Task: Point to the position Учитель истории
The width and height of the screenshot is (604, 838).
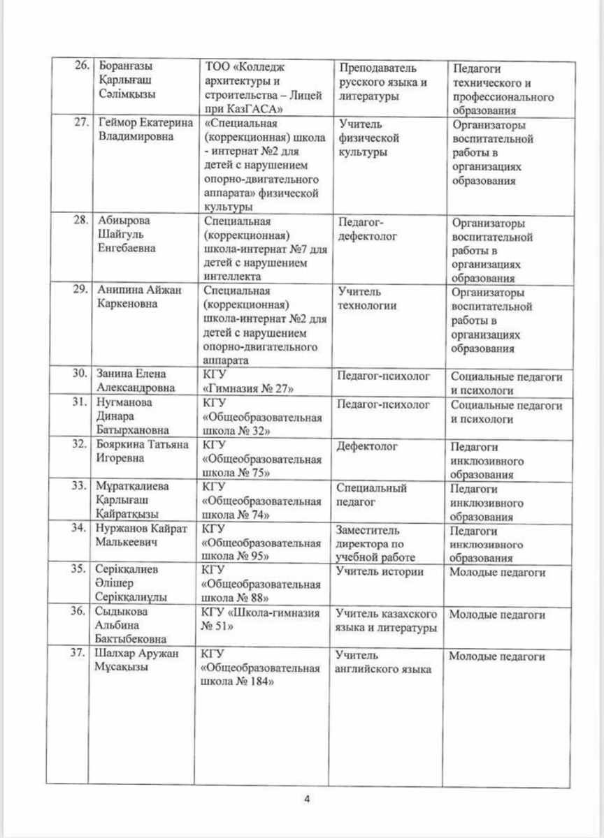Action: (380, 573)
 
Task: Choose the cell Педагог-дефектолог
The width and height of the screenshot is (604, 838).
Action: (368, 229)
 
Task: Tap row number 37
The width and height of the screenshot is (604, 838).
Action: (82, 655)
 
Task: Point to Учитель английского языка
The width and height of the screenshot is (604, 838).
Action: (383, 662)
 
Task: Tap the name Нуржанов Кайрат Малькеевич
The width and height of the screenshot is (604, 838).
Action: (140, 535)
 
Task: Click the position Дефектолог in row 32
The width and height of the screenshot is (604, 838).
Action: (367, 446)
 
